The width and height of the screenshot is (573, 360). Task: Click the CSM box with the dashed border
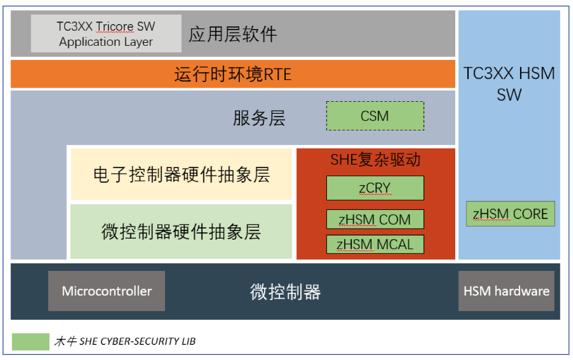375,116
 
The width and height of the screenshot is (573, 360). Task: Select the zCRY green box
375,188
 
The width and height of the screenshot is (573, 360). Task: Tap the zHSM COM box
375,220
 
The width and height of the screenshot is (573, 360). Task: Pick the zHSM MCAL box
375,244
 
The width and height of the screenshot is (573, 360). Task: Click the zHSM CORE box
510,214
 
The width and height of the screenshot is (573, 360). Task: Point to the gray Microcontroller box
107,291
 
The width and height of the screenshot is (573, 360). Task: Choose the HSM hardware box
506,291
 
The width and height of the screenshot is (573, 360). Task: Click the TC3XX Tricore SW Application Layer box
106,34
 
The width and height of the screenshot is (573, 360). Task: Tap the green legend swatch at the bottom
31,341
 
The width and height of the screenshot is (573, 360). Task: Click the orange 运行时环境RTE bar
232,75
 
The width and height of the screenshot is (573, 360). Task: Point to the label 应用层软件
233,34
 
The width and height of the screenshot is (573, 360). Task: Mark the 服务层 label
259,118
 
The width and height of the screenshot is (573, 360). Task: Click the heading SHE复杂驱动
375,160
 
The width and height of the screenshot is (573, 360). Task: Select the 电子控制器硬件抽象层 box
181,174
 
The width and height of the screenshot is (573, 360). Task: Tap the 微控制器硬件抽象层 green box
181,232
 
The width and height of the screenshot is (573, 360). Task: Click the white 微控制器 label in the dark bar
285,292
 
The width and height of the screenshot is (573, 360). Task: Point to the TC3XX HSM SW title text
509,84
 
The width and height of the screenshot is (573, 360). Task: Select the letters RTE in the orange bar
278,75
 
